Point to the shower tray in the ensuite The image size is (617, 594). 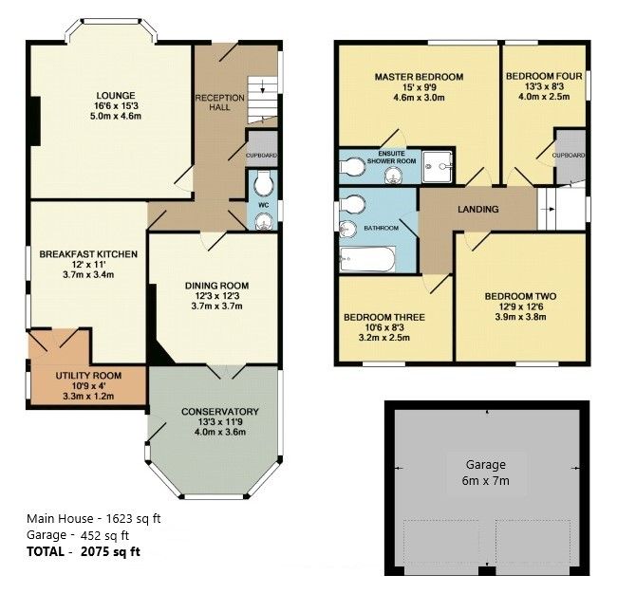point(439,163)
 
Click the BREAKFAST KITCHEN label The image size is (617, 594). point(88,254)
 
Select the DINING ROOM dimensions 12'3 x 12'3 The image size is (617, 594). point(216,296)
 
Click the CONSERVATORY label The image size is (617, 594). point(219,411)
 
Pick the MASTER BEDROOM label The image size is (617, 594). point(418,77)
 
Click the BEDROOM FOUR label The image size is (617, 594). point(537,77)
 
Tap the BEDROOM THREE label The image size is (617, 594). point(383,317)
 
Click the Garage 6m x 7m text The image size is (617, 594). point(485,473)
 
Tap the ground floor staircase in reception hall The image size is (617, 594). point(261,100)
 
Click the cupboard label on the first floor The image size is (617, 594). point(569,155)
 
